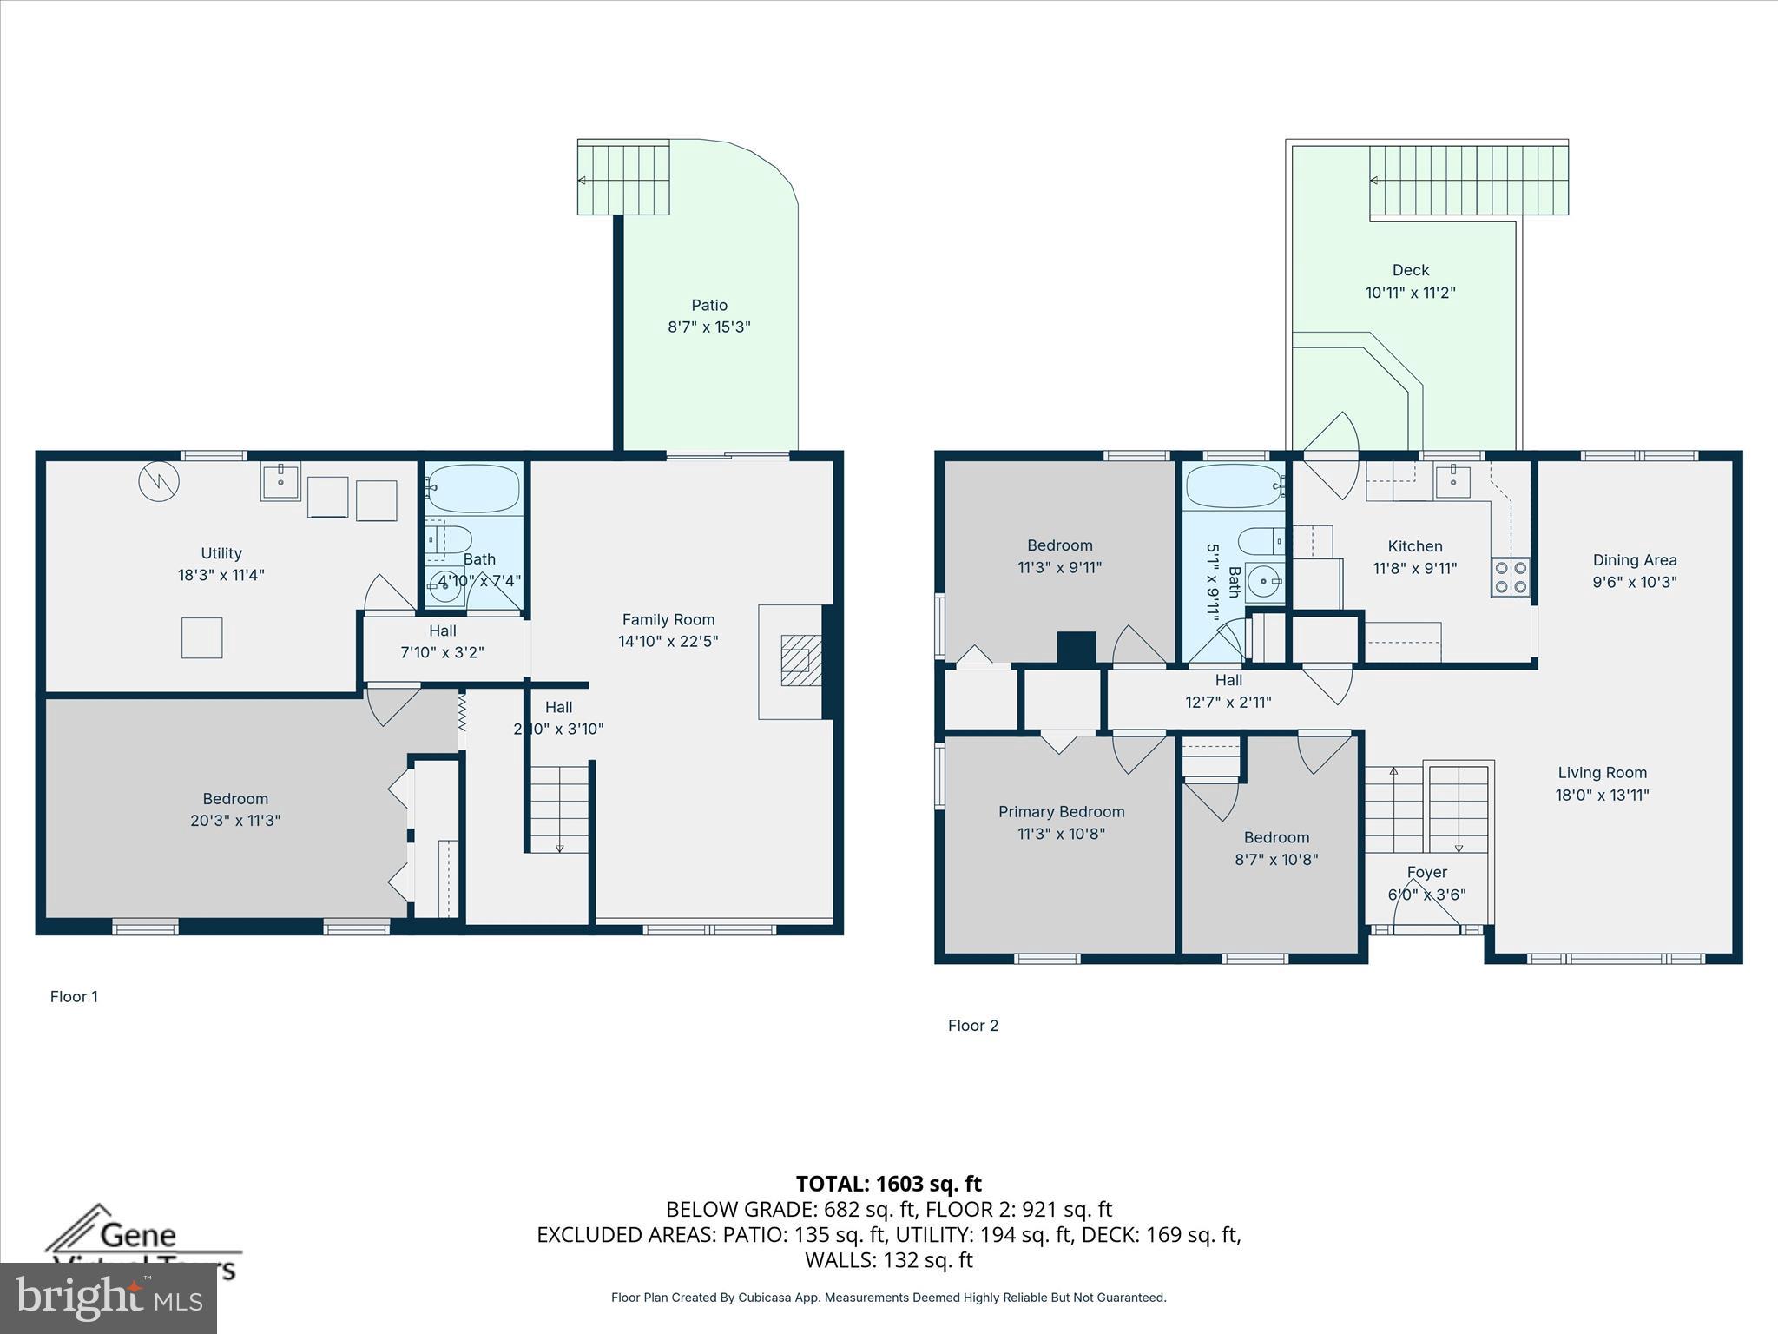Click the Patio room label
coord(709,305)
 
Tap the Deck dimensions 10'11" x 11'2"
coord(1410,293)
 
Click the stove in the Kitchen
coord(1511,578)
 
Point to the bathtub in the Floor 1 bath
coord(474,489)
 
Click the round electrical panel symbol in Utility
coord(159,480)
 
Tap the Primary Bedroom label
coord(1061,812)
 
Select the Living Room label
coord(1602,773)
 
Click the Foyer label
coord(1426,872)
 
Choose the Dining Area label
coord(1634,560)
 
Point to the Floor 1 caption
coord(74,996)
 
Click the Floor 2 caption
coord(972,1026)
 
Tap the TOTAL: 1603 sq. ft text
coord(888,1184)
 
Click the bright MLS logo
coord(108,1298)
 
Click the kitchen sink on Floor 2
coord(1452,480)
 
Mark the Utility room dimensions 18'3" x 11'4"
coord(221,575)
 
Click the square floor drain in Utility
coord(201,637)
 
